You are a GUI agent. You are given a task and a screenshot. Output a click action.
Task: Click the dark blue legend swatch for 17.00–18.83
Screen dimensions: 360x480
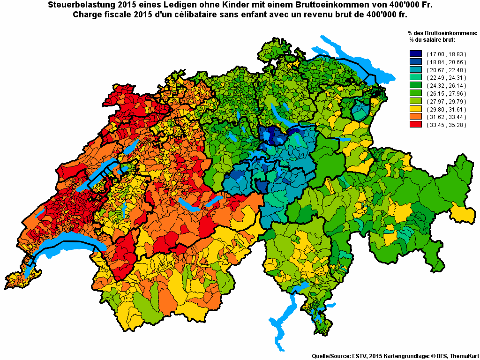click(416, 54)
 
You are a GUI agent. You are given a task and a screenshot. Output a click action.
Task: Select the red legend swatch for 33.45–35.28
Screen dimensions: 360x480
click(416, 125)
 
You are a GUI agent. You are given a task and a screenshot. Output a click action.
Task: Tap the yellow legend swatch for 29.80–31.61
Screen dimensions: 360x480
click(416, 109)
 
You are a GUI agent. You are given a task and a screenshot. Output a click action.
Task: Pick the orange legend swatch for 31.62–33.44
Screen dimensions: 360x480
click(416, 117)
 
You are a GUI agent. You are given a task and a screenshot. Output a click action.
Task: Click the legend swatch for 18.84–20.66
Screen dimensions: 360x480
click(416, 62)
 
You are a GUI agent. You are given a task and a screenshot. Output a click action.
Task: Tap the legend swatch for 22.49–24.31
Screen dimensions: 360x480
click(416, 77)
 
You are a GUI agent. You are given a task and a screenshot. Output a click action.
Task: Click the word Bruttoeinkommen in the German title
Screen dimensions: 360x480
click(321, 5)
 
